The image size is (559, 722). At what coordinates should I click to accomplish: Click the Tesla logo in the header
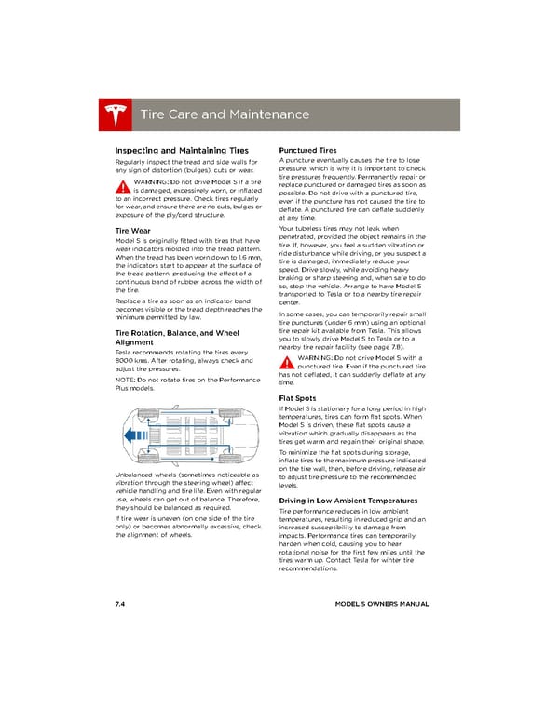[116, 115]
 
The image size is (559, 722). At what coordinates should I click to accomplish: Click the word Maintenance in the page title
[262, 115]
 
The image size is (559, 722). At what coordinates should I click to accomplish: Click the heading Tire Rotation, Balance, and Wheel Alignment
[176, 338]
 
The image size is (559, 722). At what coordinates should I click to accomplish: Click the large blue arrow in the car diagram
[130, 435]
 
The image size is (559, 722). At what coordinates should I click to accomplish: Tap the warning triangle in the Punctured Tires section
[288, 363]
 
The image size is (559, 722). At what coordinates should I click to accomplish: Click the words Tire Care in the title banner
[167, 115]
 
